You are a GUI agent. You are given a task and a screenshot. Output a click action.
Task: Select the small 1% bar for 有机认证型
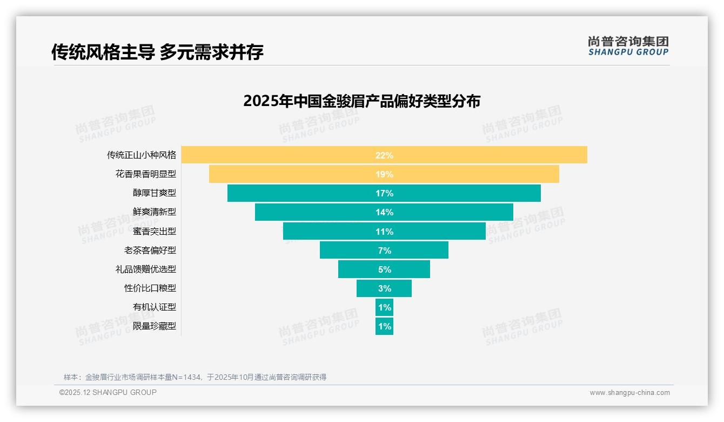384,307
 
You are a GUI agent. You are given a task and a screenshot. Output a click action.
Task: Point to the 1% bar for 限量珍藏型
384,326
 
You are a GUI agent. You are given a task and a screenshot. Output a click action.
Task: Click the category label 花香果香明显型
145,174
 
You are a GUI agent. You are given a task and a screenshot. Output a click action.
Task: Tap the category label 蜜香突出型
154,231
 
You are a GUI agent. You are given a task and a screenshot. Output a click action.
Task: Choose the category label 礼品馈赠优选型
145,269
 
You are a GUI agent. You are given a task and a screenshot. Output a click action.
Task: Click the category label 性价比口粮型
150,288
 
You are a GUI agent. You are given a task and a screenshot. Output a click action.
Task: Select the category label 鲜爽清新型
154,212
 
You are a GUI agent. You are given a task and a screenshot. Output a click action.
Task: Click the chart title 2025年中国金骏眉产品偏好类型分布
361,101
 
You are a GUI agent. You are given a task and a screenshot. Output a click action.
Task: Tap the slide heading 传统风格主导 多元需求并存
157,52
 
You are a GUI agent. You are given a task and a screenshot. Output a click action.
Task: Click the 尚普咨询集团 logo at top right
628,46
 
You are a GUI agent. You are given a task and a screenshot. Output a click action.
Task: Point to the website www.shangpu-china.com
629,393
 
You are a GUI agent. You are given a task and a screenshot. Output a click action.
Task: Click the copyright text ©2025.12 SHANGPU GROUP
108,393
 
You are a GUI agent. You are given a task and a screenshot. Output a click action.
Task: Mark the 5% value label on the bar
384,269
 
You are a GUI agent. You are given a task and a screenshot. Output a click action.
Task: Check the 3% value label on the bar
384,288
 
